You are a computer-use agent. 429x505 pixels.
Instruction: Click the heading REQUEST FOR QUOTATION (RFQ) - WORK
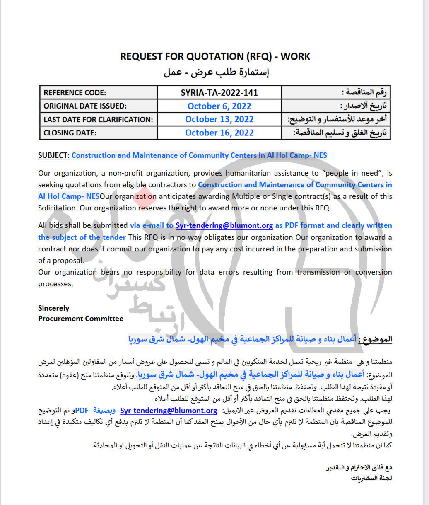click(x=215, y=56)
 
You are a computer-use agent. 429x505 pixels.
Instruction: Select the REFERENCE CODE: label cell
click(x=75, y=93)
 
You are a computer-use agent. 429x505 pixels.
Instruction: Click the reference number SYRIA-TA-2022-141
click(x=219, y=93)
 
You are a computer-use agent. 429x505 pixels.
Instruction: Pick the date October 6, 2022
click(x=219, y=106)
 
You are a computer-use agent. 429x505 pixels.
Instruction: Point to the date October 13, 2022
click(x=219, y=119)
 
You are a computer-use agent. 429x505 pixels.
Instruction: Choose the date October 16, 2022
click(x=219, y=133)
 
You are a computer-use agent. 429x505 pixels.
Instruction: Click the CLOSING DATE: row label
click(x=70, y=133)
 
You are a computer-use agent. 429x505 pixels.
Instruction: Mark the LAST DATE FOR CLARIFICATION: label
click(x=98, y=120)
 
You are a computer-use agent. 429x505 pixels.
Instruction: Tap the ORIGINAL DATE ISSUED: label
click(x=85, y=106)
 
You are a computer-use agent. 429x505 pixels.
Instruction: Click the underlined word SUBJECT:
click(x=53, y=155)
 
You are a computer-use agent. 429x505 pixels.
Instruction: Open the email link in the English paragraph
click(x=224, y=226)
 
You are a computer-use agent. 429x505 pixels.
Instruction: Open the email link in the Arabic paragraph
click(x=169, y=411)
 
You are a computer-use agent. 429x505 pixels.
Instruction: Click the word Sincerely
click(x=53, y=308)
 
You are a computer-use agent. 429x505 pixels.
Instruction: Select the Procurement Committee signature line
click(x=81, y=319)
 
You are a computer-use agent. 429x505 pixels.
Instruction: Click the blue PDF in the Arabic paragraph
click(x=82, y=411)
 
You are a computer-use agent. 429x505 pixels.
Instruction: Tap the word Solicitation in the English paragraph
click(x=57, y=208)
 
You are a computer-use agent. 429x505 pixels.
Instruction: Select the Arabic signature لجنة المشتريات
click(x=371, y=478)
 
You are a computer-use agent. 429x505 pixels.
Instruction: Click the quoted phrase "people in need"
click(x=353, y=173)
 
